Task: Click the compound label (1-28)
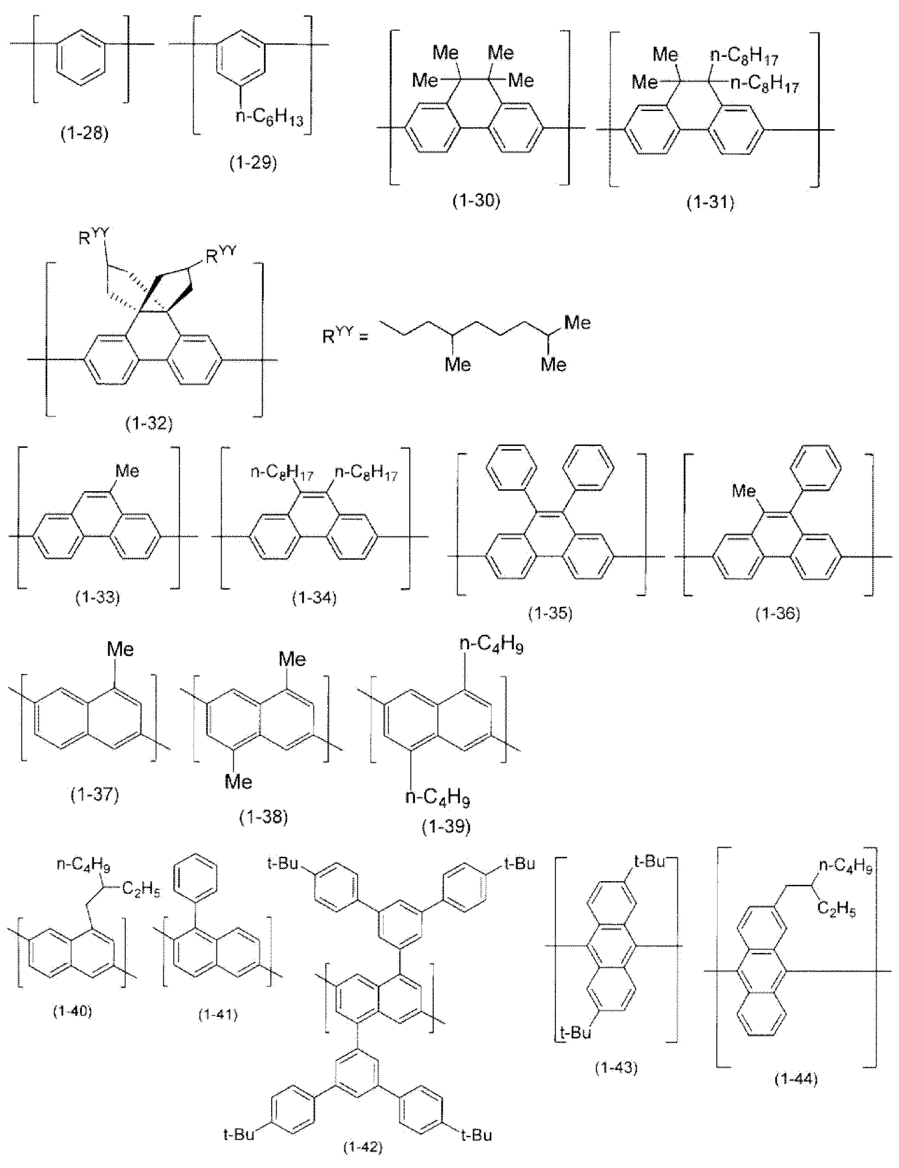(x=84, y=132)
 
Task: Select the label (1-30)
(x=476, y=201)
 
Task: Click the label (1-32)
(x=149, y=424)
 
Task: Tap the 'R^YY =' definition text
(x=345, y=337)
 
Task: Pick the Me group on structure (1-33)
(x=127, y=471)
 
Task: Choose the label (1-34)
(x=314, y=598)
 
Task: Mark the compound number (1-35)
(x=551, y=613)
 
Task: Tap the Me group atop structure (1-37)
(x=120, y=649)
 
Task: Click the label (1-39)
(x=446, y=827)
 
